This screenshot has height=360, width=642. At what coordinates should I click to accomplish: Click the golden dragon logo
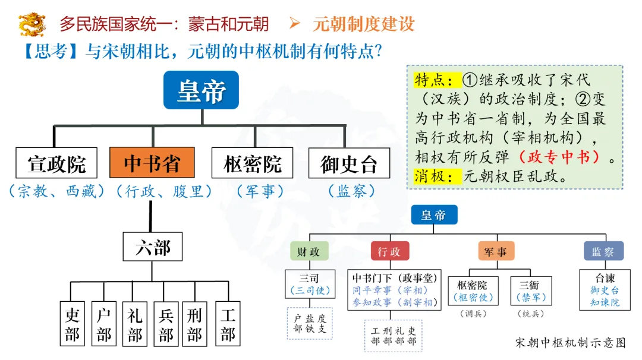(32, 24)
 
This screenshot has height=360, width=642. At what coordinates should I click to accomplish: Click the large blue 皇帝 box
(202, 90)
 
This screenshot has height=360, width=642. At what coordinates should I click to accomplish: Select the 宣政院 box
(56, 163)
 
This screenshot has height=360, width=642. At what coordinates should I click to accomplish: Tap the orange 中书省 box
(152, 163)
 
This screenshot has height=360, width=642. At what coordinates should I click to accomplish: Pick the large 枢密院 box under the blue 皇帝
(252, 163)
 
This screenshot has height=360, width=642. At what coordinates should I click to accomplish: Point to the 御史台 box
(349, 163)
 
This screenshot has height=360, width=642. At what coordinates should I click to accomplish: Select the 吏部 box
(73, 324)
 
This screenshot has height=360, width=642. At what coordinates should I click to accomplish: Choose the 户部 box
(103, 324)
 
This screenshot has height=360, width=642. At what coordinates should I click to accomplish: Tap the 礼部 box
(134, 324)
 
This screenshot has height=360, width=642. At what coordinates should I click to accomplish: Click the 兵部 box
(166, 324)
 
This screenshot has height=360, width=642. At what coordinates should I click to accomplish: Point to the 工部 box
(228, 324)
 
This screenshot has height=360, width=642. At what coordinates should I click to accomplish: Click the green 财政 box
(309, 251)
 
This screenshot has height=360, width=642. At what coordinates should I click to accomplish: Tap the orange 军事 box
(496, 251)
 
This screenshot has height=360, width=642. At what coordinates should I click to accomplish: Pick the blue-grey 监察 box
(603, 251)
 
